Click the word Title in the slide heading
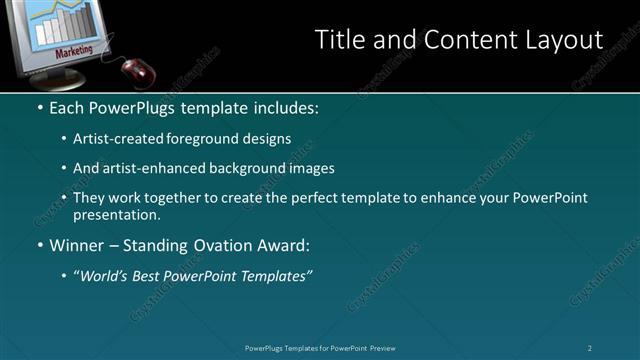pos(339,39)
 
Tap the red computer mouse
pos(137,69)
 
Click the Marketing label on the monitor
pos(75,49)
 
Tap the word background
pos(254,168)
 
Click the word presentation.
pos(116,215)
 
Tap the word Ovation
pos(205,245)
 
